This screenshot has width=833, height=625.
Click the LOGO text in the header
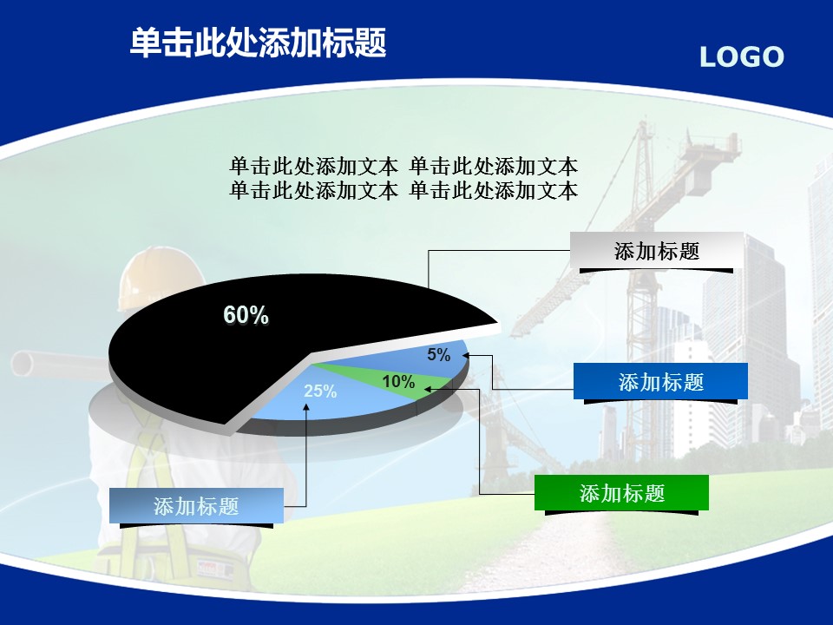click(x=742, y=57)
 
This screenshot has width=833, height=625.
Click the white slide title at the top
click(x=259, y=43)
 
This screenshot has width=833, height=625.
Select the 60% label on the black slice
click(x=246, y=314)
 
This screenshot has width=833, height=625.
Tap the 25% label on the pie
click(x=320, y=391)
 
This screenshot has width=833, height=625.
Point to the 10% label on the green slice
click(x=398, y=381)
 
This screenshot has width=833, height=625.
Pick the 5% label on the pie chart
click(x=439, y=354)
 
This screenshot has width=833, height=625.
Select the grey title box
click(x=657, y=250)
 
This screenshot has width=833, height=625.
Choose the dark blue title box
click(x=660, y=381)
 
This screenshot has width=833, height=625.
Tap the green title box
click(x=621, y=493)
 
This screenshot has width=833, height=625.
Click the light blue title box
click(x=197, y=506)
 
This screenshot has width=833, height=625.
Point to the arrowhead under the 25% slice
click(x=306, y=406)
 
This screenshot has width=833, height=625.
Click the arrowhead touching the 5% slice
click(x=466, y=355)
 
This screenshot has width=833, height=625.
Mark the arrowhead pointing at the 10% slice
click(x=428, y=389)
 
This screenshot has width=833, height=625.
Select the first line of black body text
click(x=403, y=167)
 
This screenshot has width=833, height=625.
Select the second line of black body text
click(x=403, y=190)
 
